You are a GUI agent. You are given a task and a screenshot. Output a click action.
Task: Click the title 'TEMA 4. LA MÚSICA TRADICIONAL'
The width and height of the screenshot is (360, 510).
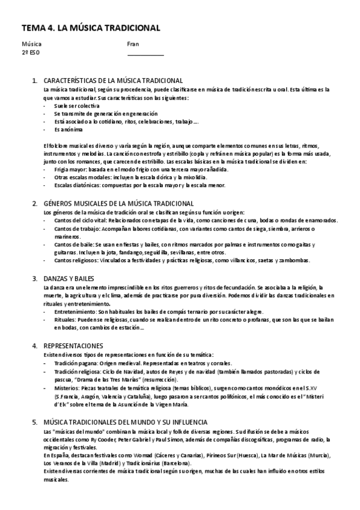91,28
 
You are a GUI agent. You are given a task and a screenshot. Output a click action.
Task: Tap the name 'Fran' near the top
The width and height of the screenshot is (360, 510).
133,44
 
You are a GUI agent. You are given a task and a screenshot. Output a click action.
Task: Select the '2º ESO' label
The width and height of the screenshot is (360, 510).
31,52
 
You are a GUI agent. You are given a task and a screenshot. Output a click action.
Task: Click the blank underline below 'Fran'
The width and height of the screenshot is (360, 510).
145,55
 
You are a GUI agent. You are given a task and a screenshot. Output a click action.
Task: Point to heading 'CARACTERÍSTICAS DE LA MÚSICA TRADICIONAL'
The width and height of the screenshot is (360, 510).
114,81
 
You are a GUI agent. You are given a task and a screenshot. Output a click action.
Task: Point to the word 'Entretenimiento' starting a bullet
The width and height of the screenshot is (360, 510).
75,312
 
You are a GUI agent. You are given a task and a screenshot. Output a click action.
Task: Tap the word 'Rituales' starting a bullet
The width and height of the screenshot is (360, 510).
65,321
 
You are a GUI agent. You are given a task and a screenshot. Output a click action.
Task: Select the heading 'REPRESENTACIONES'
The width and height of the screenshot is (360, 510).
74,346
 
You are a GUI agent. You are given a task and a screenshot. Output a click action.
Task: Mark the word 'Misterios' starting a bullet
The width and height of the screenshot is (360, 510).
67,389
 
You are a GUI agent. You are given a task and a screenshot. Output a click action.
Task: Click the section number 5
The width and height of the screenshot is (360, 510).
34,422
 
